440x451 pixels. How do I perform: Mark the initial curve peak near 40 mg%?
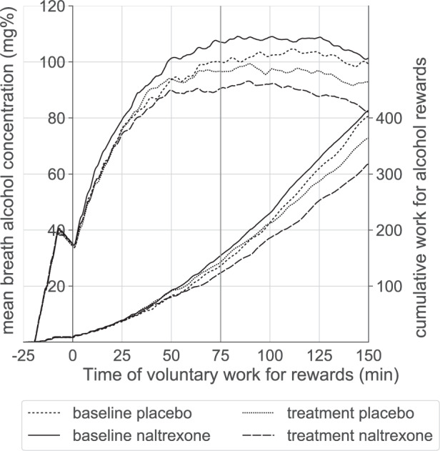(58, 230)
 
